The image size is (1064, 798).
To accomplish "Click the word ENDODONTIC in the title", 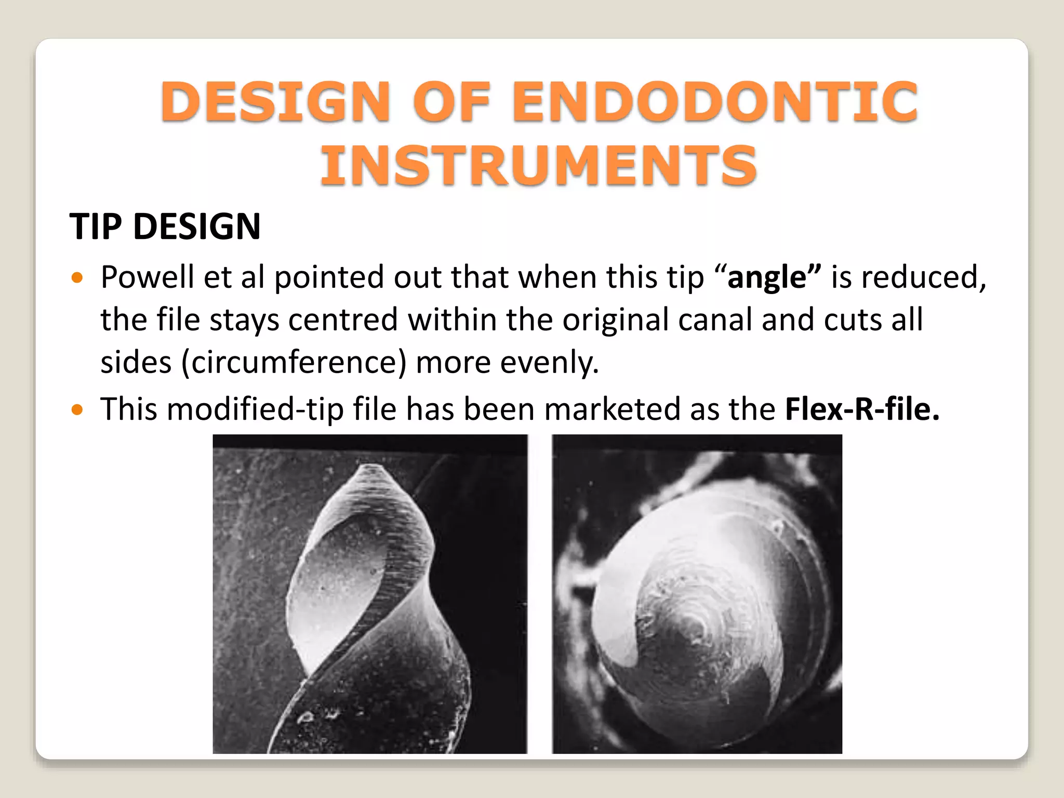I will pos(715,102).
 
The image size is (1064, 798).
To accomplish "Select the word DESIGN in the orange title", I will pos(275,102).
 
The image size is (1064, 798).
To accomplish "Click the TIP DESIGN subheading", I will pos(165,227).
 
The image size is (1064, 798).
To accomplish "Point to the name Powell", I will pos(147,277).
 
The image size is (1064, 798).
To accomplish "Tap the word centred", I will pos(342,320).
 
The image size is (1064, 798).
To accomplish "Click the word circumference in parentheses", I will pos(294,362).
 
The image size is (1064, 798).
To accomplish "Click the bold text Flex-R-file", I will pos(861,409).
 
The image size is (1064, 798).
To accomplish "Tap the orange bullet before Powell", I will pos(77,278).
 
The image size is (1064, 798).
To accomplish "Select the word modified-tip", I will pos(255,409).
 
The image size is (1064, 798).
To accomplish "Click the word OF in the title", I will pos(451,102).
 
